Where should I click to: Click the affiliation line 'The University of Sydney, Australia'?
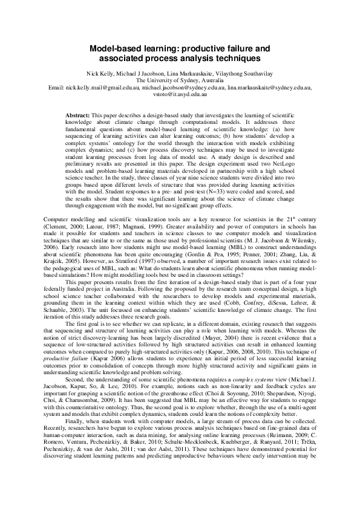[180, 79]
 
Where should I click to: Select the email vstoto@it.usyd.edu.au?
[180, 95]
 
